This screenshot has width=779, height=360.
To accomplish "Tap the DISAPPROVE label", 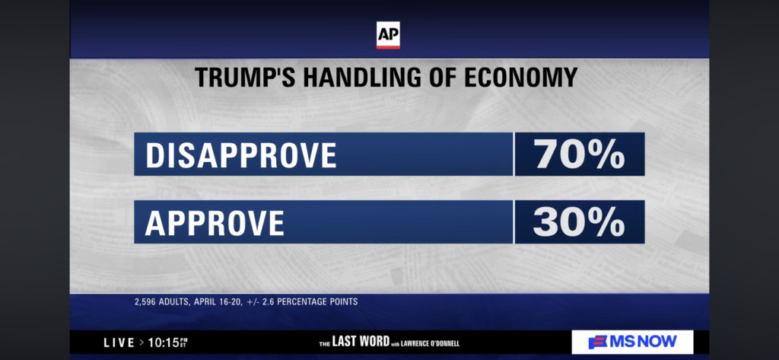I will click(240, 155).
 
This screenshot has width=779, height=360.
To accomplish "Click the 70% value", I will click(580, 155).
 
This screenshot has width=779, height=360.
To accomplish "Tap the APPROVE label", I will click(215, 222).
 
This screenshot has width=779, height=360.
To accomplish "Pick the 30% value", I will click(580, 222).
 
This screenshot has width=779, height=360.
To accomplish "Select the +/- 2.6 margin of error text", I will click(265, 301).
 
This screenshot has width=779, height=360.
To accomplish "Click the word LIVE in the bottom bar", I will click(119, 343).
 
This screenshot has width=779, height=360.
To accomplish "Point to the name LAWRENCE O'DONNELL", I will click(430, 343).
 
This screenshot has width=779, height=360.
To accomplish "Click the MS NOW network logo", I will click(632, 342).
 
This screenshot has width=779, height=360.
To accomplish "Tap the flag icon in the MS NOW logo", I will click(598, 342).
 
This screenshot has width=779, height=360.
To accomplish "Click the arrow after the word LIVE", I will click(141, 343).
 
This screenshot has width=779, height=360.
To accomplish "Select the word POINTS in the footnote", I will click(342, 301).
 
